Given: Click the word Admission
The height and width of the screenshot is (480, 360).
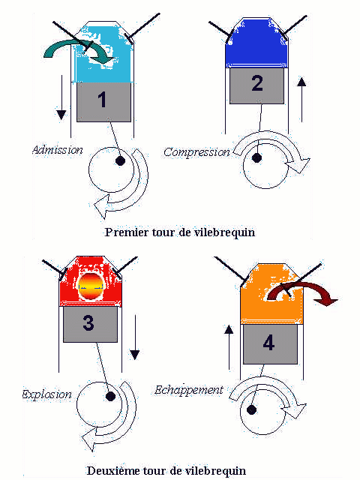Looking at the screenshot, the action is [58, 150].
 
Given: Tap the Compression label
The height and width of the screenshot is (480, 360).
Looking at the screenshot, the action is [196, 151].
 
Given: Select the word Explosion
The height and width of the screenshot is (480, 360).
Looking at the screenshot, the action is [46, 394].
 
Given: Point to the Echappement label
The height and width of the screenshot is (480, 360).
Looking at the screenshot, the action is [189, 390].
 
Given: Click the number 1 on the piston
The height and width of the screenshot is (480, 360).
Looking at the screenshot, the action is [102, 100].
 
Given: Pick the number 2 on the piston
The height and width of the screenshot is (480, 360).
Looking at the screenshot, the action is [257, 83].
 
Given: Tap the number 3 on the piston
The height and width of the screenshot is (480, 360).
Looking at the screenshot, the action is [88, 322].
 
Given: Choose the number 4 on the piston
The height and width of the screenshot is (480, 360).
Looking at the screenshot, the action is [268, 343].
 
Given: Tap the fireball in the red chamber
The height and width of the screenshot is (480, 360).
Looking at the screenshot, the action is [91, 286].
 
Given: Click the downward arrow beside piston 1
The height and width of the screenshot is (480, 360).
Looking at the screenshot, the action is [61, 97].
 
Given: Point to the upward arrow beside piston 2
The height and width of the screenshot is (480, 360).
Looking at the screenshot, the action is [301, 100].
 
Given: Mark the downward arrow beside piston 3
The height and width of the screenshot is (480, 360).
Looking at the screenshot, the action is [135, 337].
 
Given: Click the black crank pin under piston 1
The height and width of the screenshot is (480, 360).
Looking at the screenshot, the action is [120, 160].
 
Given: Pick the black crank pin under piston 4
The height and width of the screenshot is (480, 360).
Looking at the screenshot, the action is [251, 409].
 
